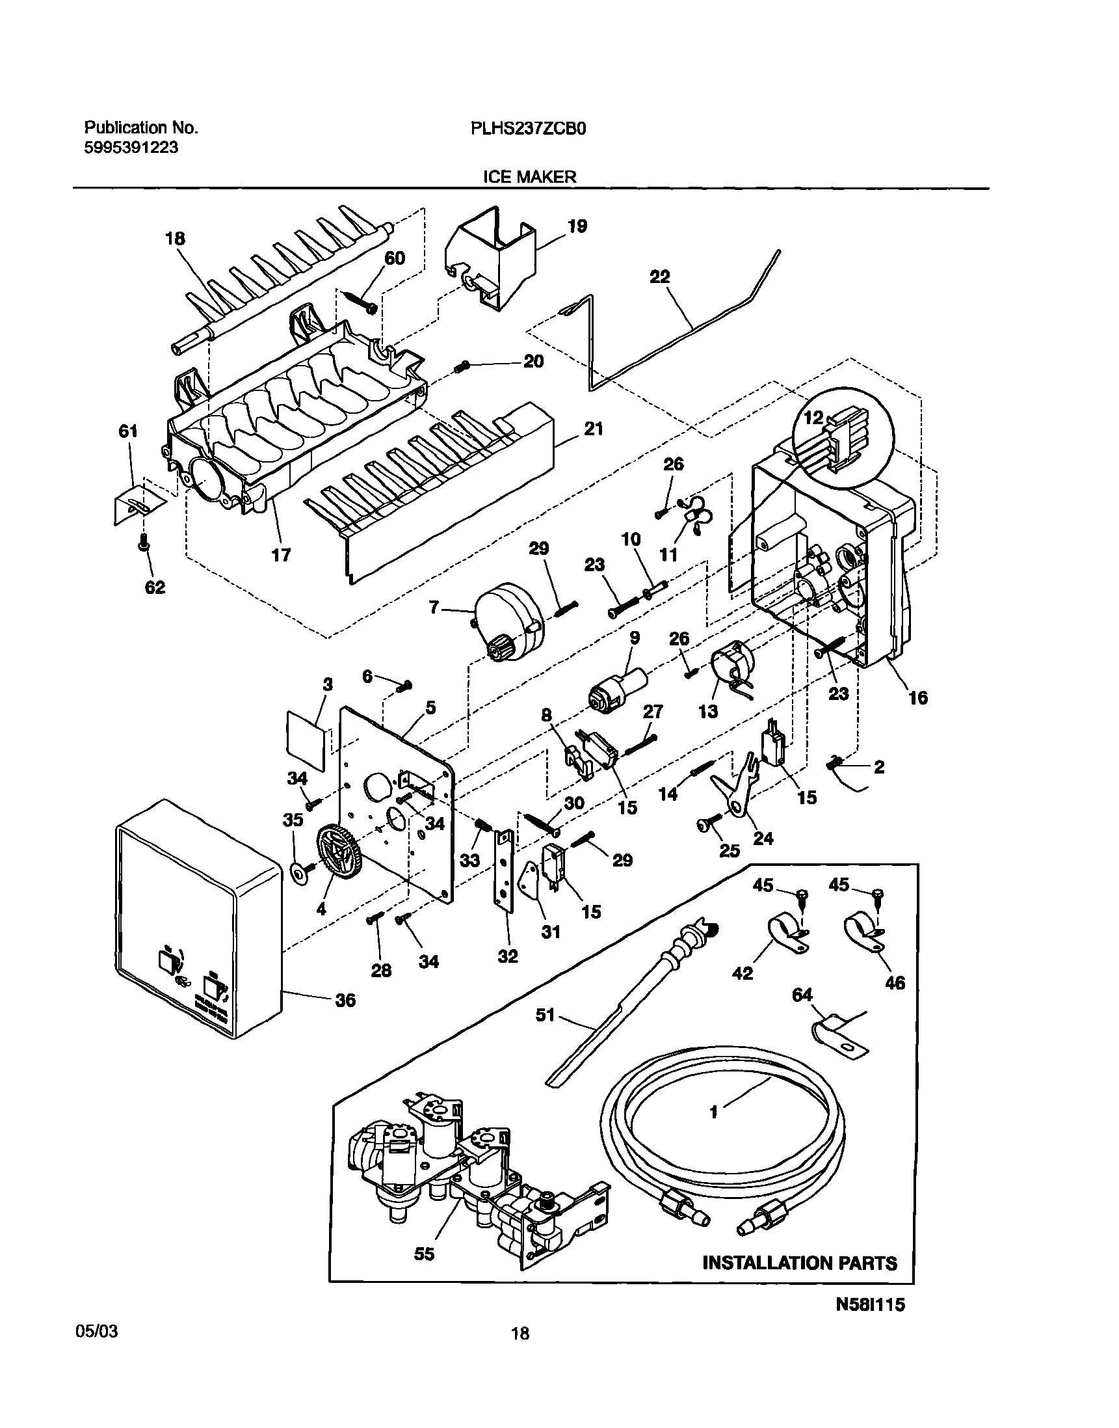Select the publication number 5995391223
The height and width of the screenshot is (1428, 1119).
tap(131, 148)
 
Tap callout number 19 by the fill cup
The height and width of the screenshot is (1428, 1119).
tap(577, 227)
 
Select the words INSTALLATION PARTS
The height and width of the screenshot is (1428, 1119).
tap(799, 1263)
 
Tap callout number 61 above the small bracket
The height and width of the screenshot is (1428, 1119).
tap(128, 431)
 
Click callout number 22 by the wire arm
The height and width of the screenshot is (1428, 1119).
tap(660, 277)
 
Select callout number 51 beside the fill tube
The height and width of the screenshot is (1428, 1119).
tap(545, 1015)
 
